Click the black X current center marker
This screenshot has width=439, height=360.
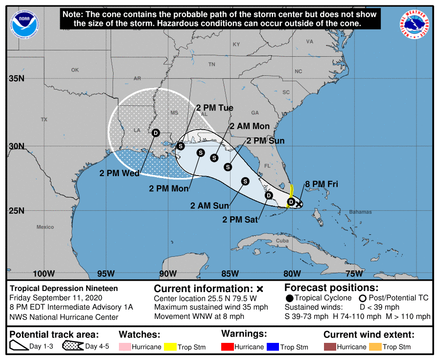point(299,204)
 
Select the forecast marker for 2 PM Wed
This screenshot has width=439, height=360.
point(156,133)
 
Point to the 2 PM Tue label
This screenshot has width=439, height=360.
point(214,108)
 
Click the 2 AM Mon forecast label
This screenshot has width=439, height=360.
point(250,126)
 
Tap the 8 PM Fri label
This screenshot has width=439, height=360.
point(322,184)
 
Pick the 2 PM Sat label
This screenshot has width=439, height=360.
point(239,220)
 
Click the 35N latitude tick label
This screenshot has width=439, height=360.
point(17,78)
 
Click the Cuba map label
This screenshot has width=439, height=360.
point(282,241)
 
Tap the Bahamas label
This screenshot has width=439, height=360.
point(360,212)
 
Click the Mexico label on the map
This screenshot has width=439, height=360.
point(45,227)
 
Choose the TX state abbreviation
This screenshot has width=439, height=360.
point(44,119)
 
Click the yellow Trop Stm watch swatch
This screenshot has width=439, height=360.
point(170,347)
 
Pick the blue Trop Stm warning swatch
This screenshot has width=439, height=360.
point(272,347)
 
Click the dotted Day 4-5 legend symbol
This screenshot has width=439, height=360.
point(72,347)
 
